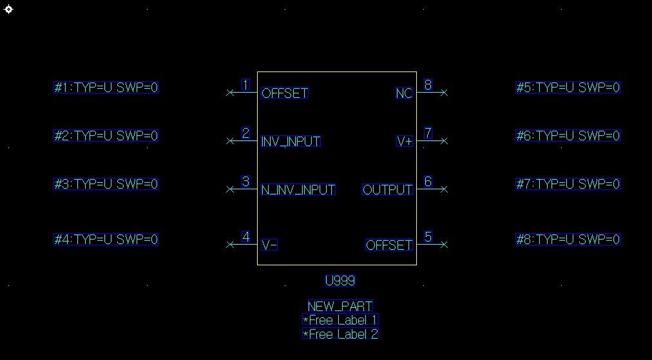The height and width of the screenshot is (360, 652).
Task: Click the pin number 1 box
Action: (245, 84)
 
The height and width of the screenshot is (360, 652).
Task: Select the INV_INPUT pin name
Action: (291, 142)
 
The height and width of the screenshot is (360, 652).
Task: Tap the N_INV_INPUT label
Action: (298, 190)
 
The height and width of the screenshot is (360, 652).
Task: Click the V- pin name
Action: (269, 245)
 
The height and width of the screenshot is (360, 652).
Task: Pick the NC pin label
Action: (404, 93)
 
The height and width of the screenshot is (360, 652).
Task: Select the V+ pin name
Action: (405, 142)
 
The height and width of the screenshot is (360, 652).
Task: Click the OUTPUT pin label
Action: (387, 190)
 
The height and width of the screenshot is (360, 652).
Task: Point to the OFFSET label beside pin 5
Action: (389, 245)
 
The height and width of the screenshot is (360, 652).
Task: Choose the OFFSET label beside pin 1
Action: (285, 93)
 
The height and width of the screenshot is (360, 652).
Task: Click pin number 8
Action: (428, 84)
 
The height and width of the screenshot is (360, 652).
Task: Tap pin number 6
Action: (428, 182)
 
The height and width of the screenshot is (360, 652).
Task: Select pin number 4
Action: (245, 236)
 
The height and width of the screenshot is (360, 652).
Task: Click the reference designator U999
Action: (340, 281)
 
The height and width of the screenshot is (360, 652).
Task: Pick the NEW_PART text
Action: (340, 307)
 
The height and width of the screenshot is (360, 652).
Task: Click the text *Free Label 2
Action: (340, 334)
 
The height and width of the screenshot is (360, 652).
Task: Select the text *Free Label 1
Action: (340, 320)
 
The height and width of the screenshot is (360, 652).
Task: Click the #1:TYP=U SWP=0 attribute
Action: (106, 88)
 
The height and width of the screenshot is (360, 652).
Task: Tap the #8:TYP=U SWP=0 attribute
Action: (568, 240)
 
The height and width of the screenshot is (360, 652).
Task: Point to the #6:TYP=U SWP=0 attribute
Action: (568, 136)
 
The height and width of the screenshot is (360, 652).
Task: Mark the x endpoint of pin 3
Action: (230, 189)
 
